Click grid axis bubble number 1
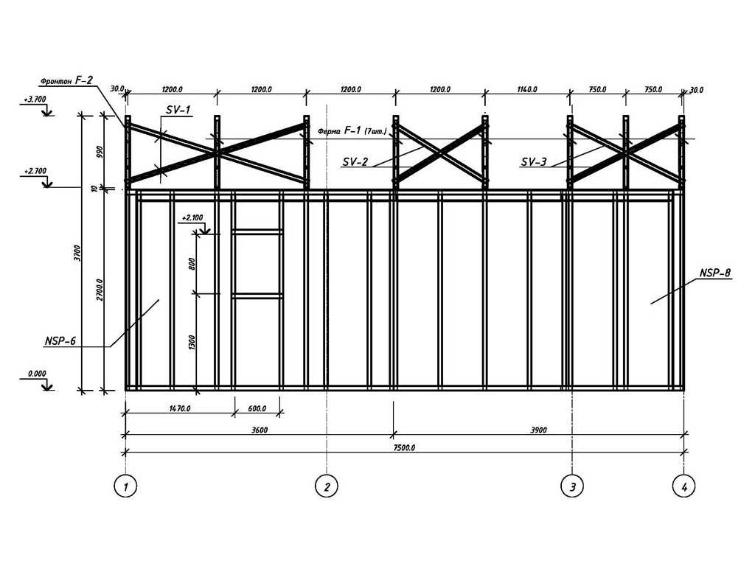[x=125, y=486]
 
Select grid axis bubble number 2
[x=327, y=486]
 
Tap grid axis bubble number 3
[x=572, y=486]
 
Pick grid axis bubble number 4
[x=684, y=486]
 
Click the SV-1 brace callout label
[x=178, y=110]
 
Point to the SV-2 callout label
[x=355, y=161]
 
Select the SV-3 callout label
[x=534, y=161]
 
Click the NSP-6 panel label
[x=60, y=341]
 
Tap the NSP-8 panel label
[x=715, y=273]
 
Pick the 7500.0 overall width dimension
[x=404, y=447]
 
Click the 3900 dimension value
[x=538, y=430]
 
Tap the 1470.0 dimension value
[x=180, y=408]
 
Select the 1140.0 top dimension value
[x=526, y=89]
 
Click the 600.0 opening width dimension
[x=257, y=408]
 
